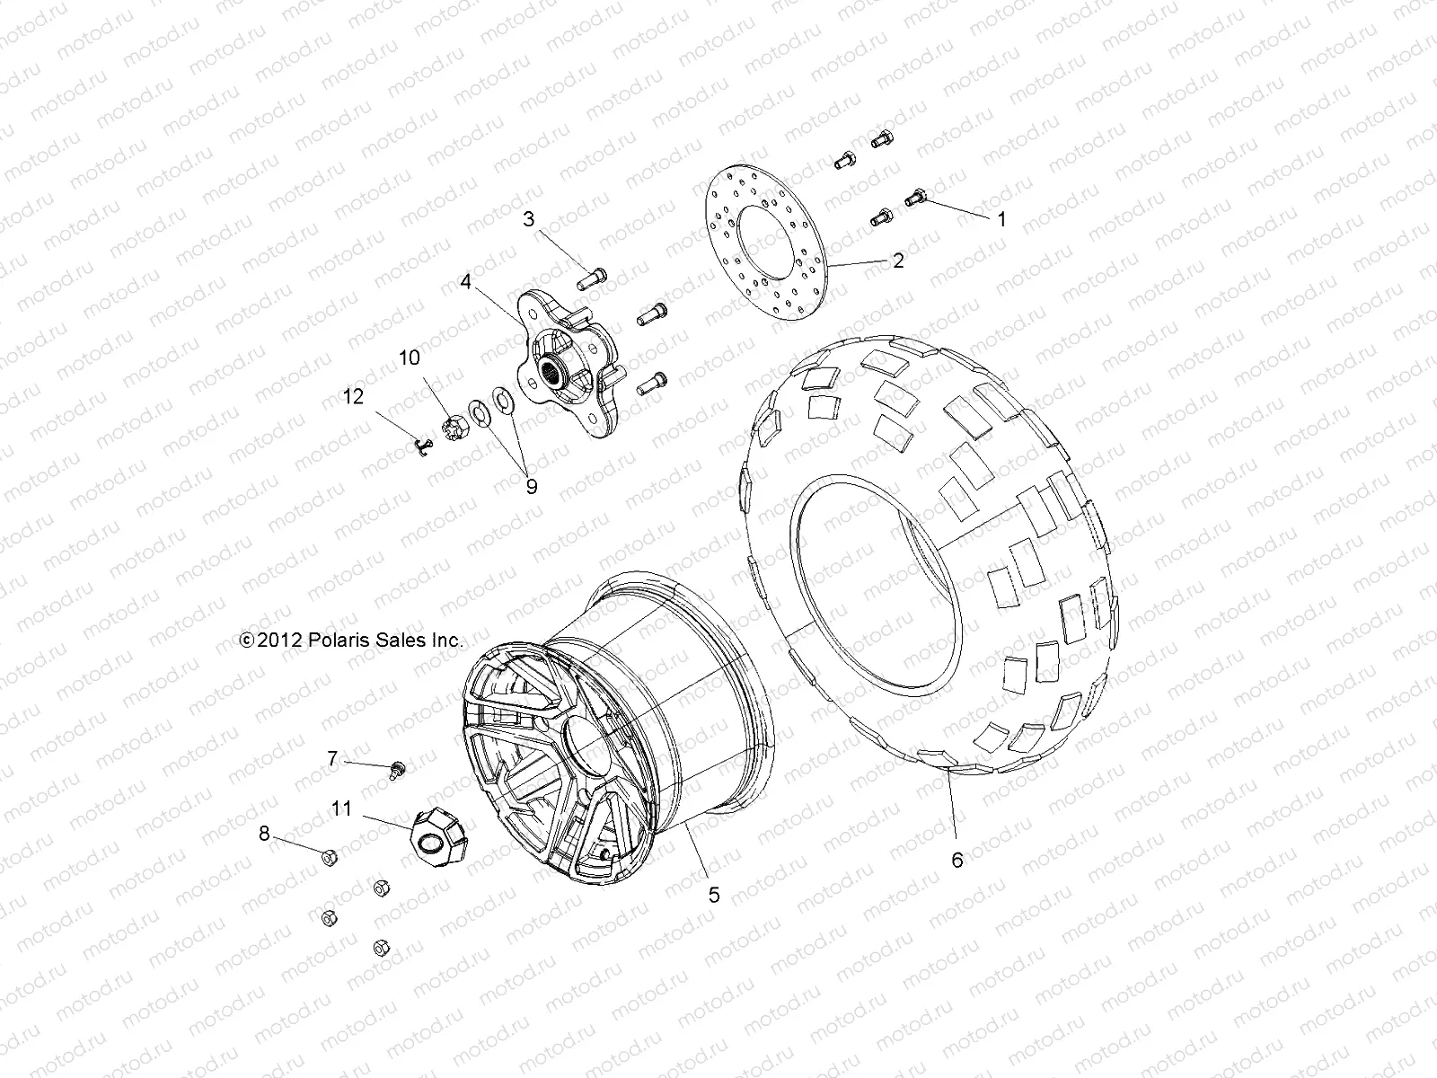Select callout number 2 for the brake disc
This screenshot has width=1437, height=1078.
coord(897,261)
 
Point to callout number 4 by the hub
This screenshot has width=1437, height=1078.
coord(465,281)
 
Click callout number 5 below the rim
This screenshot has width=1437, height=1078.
coord(714,895)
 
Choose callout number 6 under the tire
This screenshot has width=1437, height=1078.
coord(957,860)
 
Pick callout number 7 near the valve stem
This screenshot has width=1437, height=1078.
coord(332,759)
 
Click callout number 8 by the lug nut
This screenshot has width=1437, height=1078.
coord(264,834)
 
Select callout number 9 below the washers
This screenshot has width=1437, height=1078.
coord(531,486)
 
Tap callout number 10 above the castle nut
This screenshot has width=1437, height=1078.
coord(410,358)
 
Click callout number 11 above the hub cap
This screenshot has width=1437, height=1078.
coord(341,808)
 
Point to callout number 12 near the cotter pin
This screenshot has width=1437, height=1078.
coord(355,396)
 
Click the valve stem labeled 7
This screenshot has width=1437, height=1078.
coord(395,768)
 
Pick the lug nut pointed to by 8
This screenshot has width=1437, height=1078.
coord(329,857)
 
